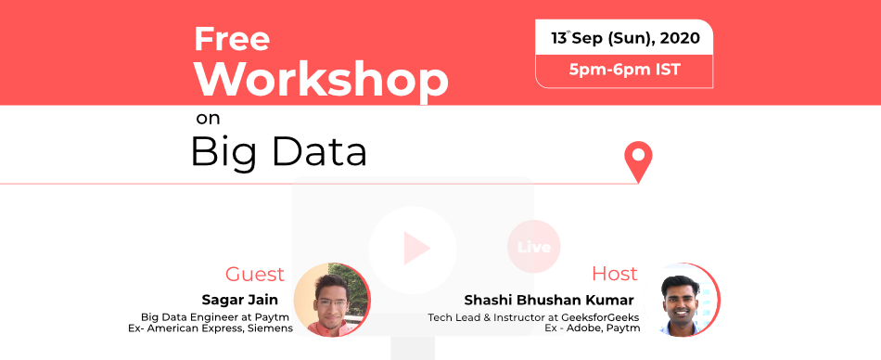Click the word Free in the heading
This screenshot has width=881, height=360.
point(232,39)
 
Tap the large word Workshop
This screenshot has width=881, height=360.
point(322,79)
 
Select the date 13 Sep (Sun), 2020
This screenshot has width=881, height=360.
point(625,38)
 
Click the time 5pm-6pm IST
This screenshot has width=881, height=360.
point(625,71)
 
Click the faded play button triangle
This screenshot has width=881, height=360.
point(415,248)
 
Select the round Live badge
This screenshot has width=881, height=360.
point(534,247)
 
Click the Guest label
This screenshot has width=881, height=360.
point(255,275)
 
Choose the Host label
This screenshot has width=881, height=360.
point(615,274)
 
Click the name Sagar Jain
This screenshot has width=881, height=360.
point(240,300)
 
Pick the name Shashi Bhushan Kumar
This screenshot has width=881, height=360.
point(549,300)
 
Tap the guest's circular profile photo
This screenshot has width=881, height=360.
point(332,300)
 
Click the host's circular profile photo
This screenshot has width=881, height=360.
point(683,300)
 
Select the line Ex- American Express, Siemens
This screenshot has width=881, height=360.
point(211,328)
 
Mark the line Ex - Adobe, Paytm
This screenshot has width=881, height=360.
point(593,328)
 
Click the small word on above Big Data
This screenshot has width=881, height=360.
point(208,120)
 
